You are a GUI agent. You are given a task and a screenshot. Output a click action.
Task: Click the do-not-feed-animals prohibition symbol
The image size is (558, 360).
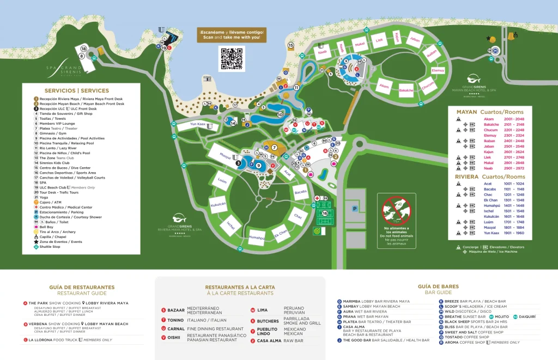[x=397, y=210]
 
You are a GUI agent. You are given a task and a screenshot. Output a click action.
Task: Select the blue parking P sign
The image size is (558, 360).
[x=355, y=209]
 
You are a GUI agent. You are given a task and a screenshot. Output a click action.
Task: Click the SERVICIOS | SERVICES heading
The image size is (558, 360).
[x=77, y=90]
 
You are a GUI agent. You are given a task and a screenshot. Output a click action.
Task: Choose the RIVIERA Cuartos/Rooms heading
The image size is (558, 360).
[x=490, y=177]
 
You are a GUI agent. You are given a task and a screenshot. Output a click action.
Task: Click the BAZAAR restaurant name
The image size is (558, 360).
[x=176, y=310]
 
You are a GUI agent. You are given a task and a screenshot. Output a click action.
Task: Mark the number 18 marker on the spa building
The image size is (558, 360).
[x=84, y=49]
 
